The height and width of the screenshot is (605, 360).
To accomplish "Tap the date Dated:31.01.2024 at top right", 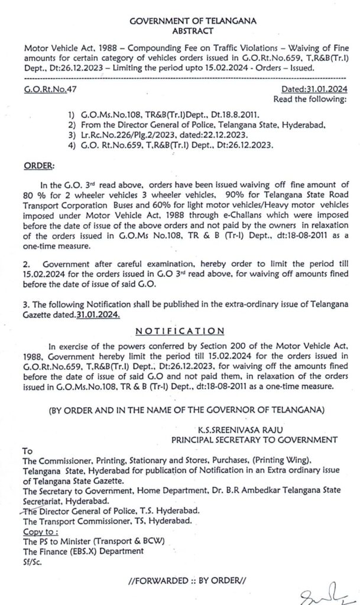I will pos(313,89).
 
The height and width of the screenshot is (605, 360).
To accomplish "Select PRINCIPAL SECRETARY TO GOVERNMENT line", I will pos(254,440).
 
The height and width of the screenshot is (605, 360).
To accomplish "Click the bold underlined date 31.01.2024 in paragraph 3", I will pos(98,315).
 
